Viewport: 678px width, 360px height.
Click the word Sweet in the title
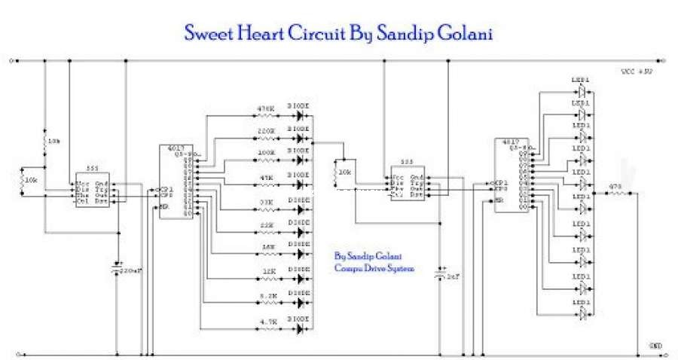[x=210, y=34]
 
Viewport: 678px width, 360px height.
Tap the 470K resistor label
[x=265, y=109]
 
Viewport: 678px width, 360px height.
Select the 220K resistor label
[x=265, y=131]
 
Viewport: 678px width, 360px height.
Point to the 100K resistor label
[x=265, y=152]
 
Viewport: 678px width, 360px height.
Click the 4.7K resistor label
[x=268, y=322]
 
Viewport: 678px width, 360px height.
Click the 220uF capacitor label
[x=132, y=270]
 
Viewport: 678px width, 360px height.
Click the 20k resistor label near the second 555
[x=344, y=172]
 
